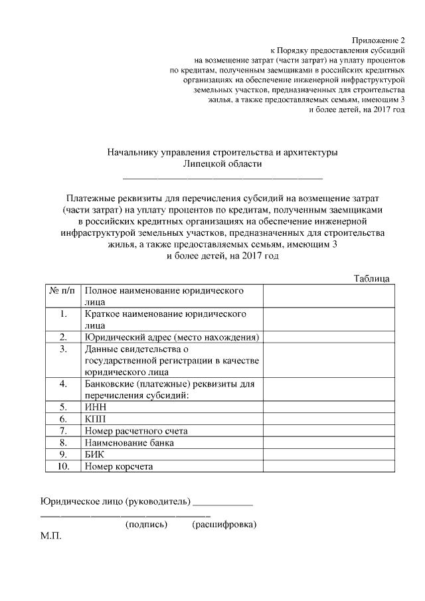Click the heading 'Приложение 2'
click(379, 40)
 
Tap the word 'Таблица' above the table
click(372, 278)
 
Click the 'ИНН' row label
click(96, 406)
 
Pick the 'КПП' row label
click(96, 418)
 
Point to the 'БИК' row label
click(96, 454)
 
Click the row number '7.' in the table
click(64, 430)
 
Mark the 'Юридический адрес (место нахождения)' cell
click(171, 337)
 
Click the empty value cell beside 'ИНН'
click(330, 406)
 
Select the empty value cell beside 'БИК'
click(330, 454)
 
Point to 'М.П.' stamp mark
click(51, 536)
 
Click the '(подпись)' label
click(146, 525)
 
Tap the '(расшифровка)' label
click(224, 525)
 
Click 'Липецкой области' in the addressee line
click(222, 164)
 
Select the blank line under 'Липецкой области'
click(222, 178)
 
